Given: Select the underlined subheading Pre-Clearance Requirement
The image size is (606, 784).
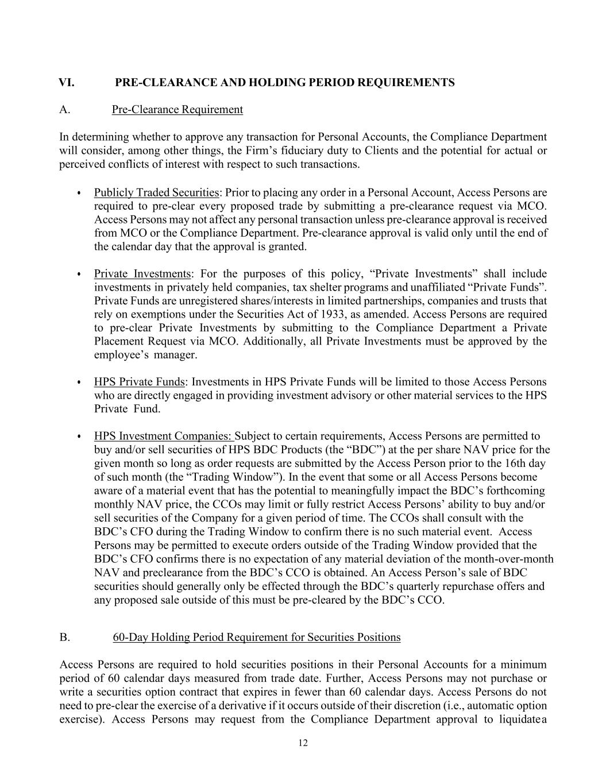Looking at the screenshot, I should [x=177, y=110].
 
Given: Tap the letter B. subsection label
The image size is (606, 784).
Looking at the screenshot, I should [x=64, y=638].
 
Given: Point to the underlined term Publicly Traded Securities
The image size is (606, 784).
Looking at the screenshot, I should [x=156, y=193].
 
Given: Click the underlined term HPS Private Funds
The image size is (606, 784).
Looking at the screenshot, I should [x=139, y=382].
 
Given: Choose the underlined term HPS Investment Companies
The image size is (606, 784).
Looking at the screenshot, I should [x=164, y=437].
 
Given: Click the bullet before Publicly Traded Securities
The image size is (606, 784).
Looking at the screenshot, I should [x=79, y=194].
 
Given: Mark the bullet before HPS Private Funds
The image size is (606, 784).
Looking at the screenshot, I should [x=79, y=383].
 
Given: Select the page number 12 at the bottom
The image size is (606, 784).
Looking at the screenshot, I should [x=303, y=743].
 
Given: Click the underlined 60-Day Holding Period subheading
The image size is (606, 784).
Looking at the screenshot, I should [x=256, y=638].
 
